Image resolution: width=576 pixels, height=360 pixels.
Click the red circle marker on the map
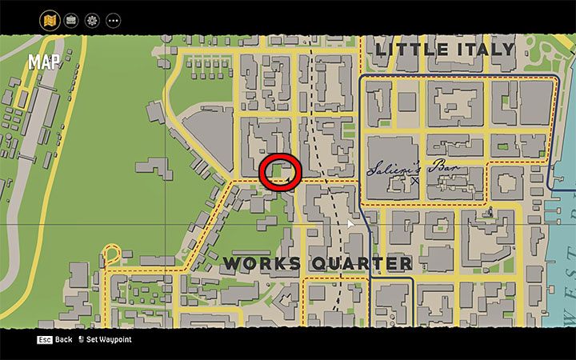pyautogui.click(x=280, y=171)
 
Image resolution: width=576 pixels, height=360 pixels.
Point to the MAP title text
pyautogui.click(x=44, y=62)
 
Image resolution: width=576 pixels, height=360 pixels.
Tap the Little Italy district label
pyautogui.click(x=445, y=50)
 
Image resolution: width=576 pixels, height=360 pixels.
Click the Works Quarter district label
pyautogui.click(x=318, y=263)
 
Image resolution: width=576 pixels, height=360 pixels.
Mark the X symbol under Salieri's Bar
pyautogui.click(x=414, y=182)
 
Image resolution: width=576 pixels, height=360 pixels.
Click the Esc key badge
pyautogui.click(x=45, y=339)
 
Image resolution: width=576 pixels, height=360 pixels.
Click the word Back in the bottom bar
pyautogui.click(x=64, y=339)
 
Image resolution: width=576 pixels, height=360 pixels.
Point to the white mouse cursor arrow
pyautogui.click(x=350, y=224)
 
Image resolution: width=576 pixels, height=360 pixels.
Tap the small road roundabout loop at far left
pyautogui.click(x=110, y=255)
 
